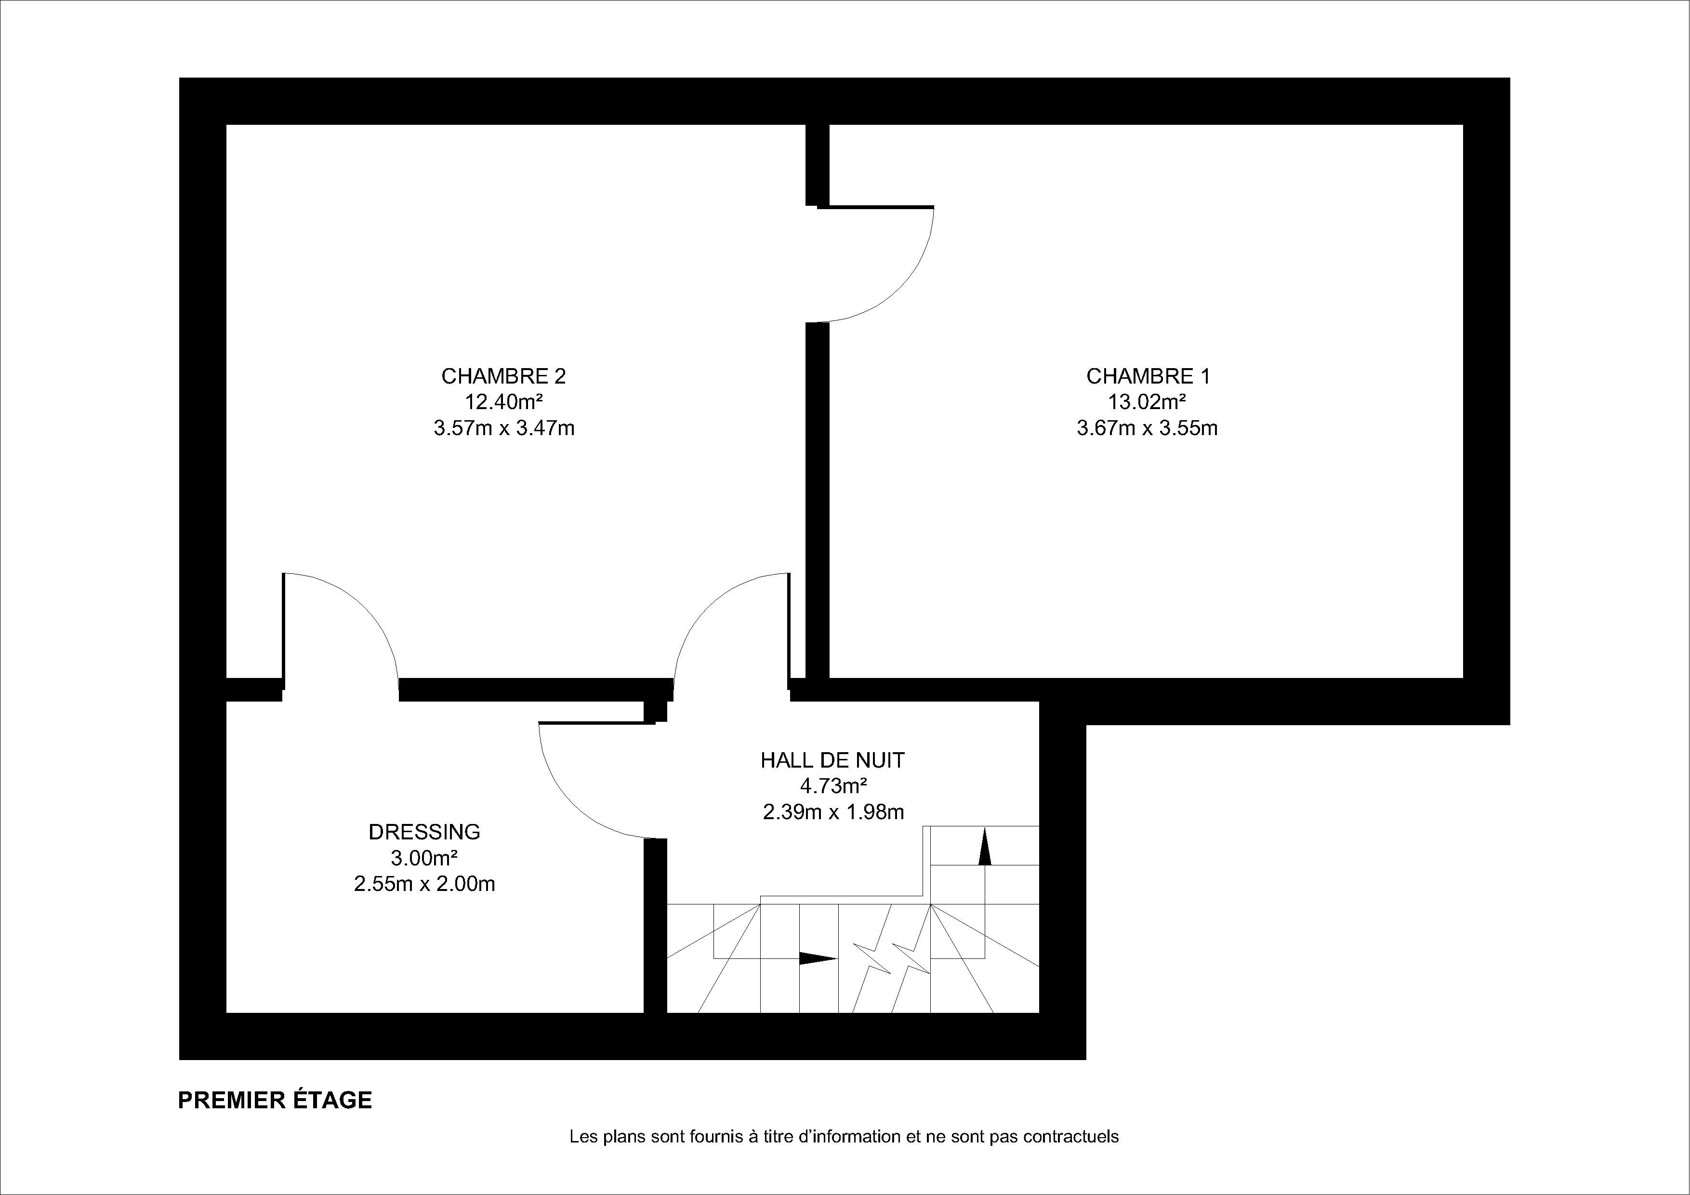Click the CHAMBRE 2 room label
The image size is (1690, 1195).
[503, 376]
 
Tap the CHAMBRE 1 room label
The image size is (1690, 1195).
[1148, 376]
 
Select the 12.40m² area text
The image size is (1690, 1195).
[503, 402]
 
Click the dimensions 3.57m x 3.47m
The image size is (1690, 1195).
[503, 428]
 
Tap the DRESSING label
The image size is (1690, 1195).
[425, 832]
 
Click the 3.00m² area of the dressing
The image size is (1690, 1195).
[425, 858]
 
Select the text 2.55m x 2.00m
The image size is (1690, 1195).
[425, 884]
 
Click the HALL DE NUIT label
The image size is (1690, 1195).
[832, 760]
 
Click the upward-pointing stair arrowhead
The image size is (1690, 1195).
[985, 847]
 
